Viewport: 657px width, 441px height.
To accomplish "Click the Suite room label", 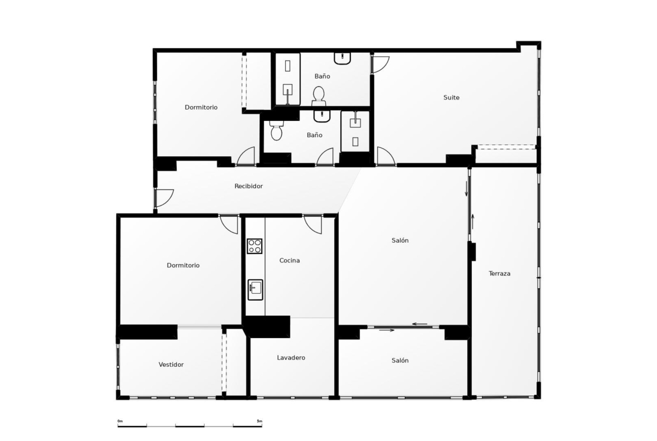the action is tap(451, 97).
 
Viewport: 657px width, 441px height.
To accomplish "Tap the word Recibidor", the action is tap(248, 186).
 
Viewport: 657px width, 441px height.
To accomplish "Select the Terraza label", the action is tap(499, 274).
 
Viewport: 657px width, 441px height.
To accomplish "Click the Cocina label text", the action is tap(290, 260).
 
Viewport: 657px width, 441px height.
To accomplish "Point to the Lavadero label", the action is tap(291, 358).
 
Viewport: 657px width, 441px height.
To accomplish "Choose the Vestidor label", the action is tap(171, 365).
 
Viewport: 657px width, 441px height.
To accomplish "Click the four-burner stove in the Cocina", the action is tap(254, 246).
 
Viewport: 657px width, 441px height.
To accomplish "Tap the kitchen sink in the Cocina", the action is tap(255, 290).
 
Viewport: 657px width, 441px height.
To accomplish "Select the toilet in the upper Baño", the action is tap(319, 96).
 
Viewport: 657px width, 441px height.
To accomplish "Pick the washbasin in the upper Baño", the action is tap(343, 58).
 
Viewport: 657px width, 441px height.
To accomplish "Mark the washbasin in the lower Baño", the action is tap(322, 116).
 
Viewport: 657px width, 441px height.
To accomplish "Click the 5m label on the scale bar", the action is tap(259, 421).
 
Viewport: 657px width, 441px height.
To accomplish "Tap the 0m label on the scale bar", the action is tap(120, 421).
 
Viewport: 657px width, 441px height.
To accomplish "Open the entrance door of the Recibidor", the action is tap(164, 198).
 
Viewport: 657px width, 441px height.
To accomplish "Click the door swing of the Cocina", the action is tap(313, 225).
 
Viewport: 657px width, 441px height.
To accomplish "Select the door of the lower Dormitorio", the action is tap(229, 224).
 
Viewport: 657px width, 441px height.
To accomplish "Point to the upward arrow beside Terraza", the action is tap(473, 222).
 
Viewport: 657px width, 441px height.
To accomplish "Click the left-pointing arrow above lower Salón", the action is tap(420, 324).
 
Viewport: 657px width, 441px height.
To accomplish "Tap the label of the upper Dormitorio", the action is tap(201, 107).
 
